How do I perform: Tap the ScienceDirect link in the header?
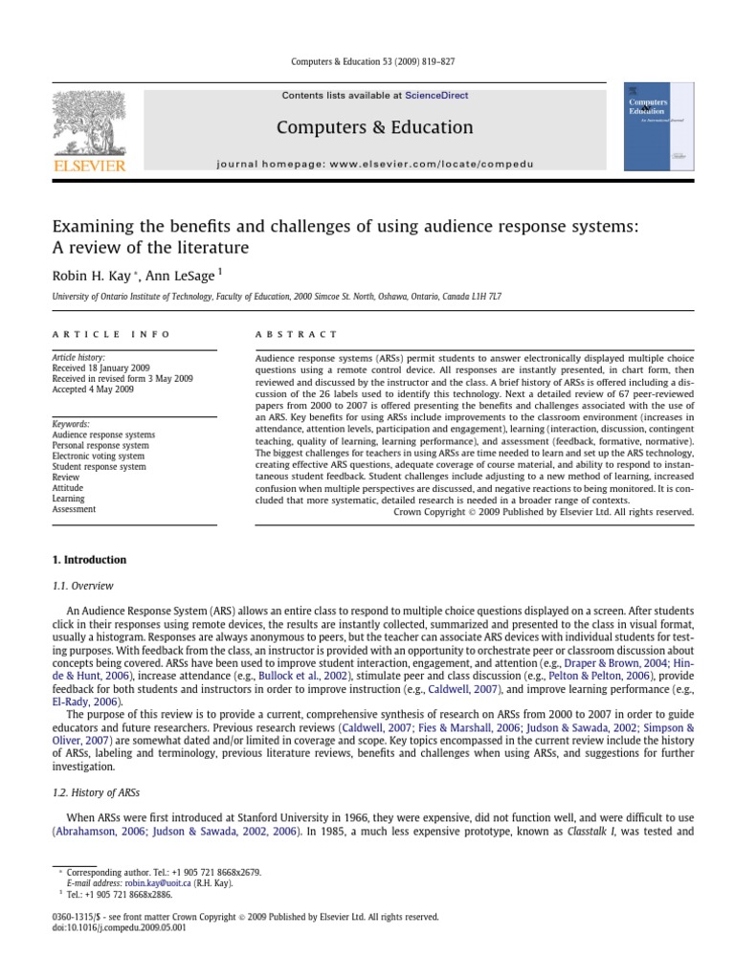[x=436, y=96]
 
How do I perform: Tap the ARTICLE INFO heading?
[x=111, y=335]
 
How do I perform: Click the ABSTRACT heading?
[x=296, y=335]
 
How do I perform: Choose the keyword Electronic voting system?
[x=100, y=457]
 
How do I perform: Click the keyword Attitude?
[x=69, y=488]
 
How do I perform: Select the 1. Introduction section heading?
[x=89, y=560]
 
